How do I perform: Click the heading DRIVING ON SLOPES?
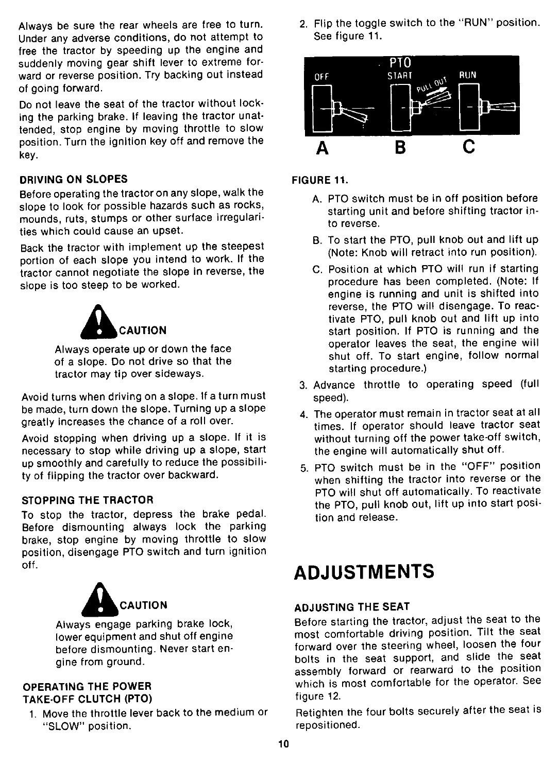pos(73,179)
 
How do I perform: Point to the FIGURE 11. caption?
pos(320,181)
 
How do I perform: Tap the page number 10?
pos(281,744)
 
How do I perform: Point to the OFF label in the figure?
pos(321,77)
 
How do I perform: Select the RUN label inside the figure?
pos(468,75)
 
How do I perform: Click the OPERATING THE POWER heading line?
pos(86,686)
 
